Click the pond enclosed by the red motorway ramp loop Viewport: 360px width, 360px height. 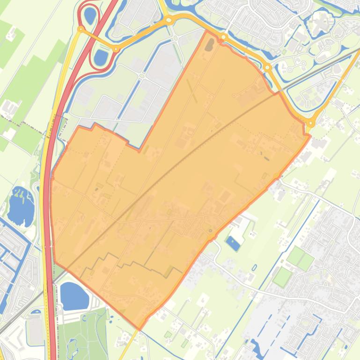(x=89, y=15)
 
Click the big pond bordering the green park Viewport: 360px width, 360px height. (x=74, y=296)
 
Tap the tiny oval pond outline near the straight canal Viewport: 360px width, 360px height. (x=254, y=268)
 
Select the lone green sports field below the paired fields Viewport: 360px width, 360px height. (x=282, y=277)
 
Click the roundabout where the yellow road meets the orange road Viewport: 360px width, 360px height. (x=81, y=29)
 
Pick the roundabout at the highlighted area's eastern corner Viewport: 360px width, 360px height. (x=310, y=123)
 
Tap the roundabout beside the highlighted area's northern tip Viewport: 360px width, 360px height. (x=223, y=37)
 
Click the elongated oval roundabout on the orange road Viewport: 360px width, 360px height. (x=168, y=20)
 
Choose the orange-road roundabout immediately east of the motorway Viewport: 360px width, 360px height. (x=116, y=49)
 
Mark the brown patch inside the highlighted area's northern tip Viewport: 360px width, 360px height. (x=209, y=45)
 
